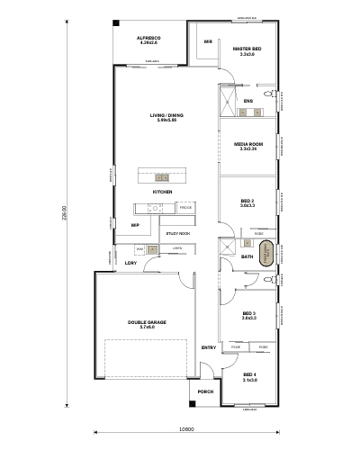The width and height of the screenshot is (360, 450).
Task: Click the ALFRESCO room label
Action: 147,39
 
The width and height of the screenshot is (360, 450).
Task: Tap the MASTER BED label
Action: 247,49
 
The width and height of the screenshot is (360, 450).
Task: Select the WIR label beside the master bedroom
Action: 208,41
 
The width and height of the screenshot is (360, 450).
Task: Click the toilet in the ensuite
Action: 270,93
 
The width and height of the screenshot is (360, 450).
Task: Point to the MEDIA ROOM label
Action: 247,143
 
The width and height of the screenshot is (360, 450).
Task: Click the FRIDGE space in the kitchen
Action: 185,209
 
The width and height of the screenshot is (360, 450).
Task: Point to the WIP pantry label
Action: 135,225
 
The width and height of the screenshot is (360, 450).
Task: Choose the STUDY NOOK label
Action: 177,233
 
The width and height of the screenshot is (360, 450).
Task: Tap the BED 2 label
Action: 247,201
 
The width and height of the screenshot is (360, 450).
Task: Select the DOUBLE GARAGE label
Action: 147,321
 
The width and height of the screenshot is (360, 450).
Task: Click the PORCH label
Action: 205,391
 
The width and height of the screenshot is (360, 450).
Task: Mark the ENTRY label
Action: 208,347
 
